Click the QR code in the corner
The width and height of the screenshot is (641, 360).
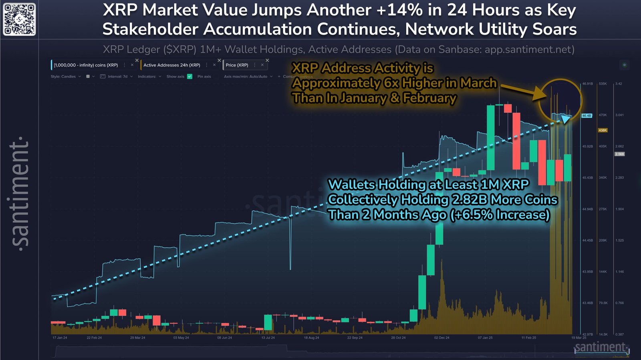[x=19, y=19]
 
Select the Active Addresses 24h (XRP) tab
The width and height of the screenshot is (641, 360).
[x=172, y=65]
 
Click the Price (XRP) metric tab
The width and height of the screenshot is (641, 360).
[x=237, y=65]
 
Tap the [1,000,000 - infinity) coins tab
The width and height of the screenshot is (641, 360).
[x=86, y=65]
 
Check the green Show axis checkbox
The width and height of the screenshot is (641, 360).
[x=190, y=76]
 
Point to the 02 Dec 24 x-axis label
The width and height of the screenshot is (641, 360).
[x=441, y=338]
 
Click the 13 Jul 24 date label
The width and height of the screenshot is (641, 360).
[x=268, y=338]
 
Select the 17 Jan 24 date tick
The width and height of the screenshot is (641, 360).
[x=60, y=338]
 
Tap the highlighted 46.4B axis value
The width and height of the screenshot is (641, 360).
[x=587, y=115]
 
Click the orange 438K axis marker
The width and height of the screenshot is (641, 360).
[x=603, y=130]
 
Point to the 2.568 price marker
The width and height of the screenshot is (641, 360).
[x=619, y=154]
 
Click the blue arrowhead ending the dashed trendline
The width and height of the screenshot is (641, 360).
[x=566, y=119]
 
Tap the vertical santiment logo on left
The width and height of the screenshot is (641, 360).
[x=20, y=192]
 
